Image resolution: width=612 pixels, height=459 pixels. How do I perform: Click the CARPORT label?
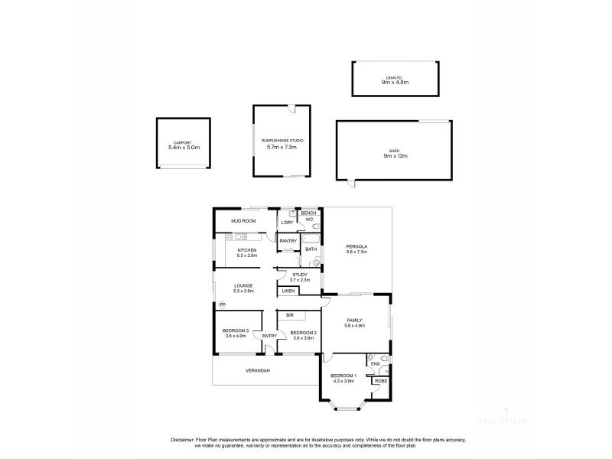[x=182, y=143]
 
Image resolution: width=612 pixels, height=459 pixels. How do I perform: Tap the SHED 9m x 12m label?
[x=395, y=151]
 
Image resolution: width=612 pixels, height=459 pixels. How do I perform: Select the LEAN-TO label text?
[x=396, y=77]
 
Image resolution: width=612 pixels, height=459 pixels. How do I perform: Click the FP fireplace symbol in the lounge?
[x=223, y=304]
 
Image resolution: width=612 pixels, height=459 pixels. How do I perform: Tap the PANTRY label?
[x=288, y=241]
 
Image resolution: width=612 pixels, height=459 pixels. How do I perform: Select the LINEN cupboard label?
[x=288, y=291]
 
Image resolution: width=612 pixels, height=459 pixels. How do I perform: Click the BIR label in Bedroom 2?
[x=291, y=315]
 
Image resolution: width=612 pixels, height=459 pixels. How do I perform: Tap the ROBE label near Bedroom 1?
[x=380, y=380]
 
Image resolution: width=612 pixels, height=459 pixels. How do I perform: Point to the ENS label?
[x=375, y=364]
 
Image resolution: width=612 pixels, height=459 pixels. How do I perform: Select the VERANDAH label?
[x=257, y=370]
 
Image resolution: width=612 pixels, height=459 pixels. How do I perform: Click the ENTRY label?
[x=269, y=336]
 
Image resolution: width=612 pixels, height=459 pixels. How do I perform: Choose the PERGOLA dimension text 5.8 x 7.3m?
[x=356, y=252]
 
